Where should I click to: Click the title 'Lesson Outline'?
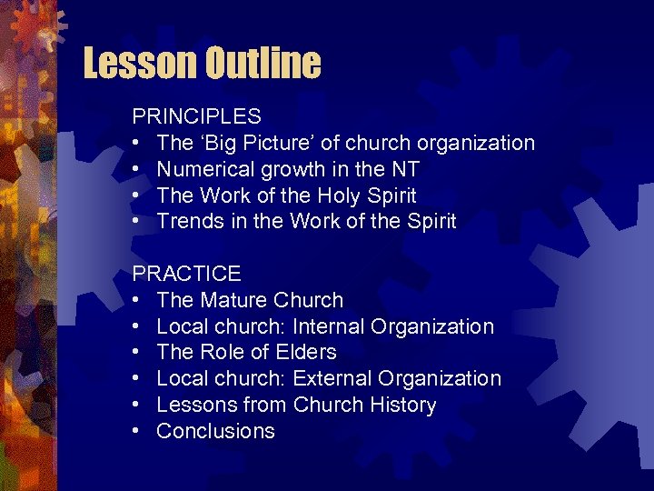pos(202,64)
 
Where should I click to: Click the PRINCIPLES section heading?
pos(196,116)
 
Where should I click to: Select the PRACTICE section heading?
pos(186,274)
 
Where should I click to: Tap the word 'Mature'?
pos(238,300)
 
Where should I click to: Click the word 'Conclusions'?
pos(215,431)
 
